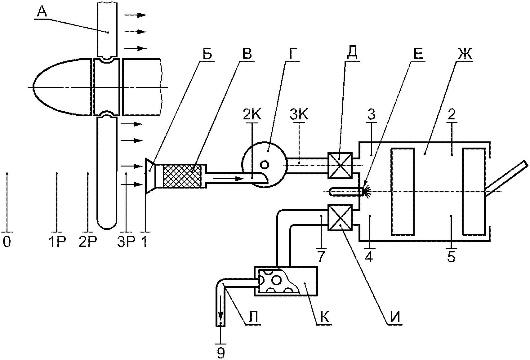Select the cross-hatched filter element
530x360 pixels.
(x=182, y=176)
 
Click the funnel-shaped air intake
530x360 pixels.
(x=150, y=176)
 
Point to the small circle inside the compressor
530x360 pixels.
(x=264, y=165)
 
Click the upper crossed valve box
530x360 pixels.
(x=340, y=165)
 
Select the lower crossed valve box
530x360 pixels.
(x=340, y=217)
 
